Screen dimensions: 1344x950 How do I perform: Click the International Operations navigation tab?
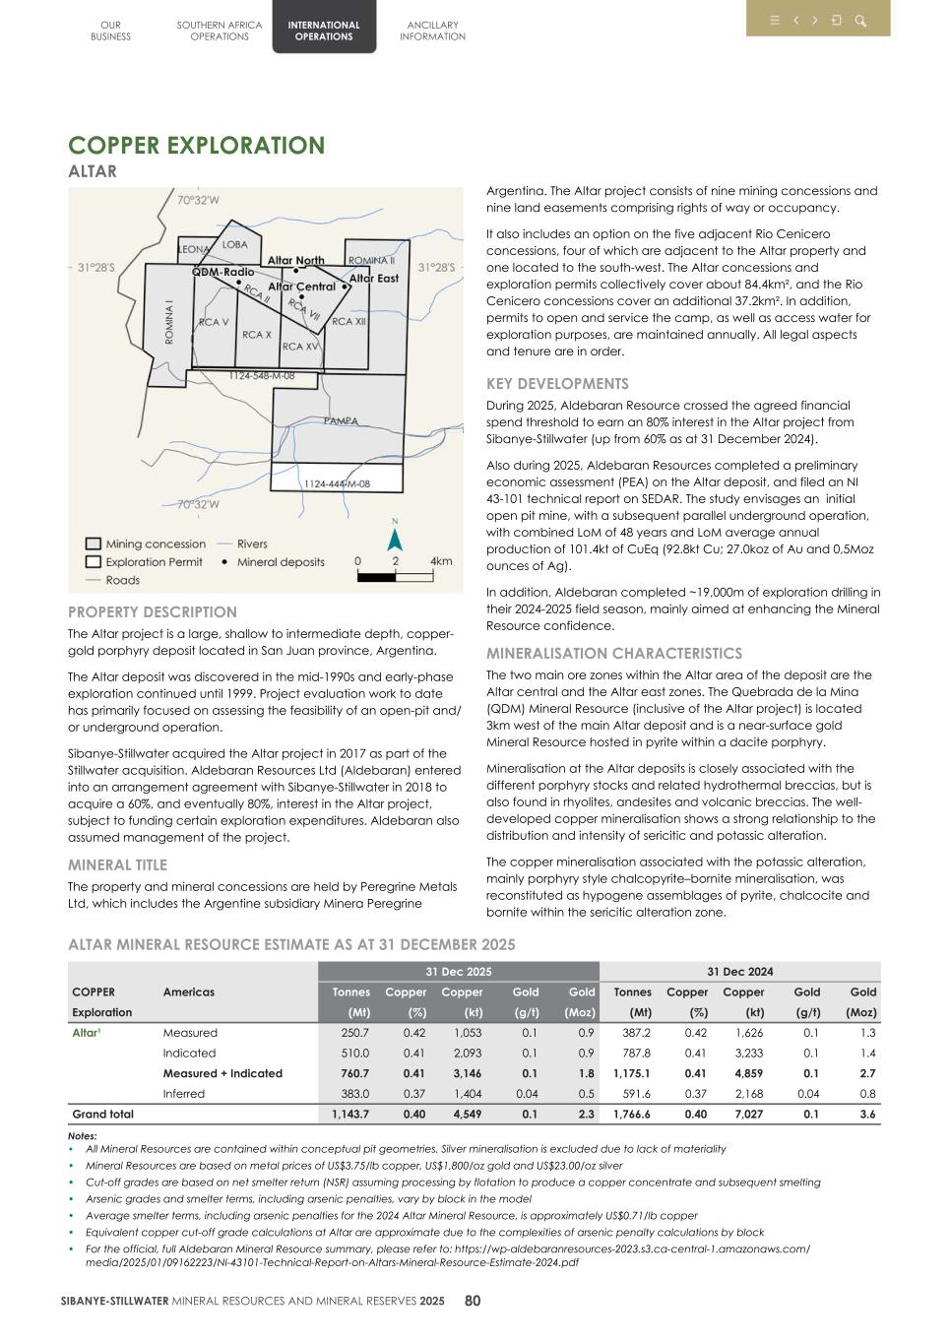(x=324, y=31)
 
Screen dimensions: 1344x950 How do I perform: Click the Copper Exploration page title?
(x=196, y=146)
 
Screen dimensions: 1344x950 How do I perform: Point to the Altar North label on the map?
(x=295, y=261)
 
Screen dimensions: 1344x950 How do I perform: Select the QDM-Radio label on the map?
(x=222, y=272)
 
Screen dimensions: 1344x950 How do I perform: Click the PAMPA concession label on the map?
(x=341, y=421)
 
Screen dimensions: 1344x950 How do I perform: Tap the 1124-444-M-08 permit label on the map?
(x=337, y=484)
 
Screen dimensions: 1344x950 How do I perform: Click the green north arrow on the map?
(x=395, y=540)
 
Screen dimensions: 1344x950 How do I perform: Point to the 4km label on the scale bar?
(x=441, y=561)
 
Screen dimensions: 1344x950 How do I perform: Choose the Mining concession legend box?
(x=93, y=544)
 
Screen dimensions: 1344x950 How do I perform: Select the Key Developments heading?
(x=557, y=384)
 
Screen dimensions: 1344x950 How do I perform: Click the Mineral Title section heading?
(x=117, y=865)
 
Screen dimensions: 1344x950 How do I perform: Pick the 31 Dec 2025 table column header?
(x=458, y=972)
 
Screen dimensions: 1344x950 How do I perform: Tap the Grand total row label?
(x=102, y=1115)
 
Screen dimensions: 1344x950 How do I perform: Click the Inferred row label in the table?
(x=184, y=1094)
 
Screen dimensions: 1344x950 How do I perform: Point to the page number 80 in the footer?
(x=473, y=1301)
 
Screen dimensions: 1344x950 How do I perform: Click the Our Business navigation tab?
(x=110, y=31)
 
